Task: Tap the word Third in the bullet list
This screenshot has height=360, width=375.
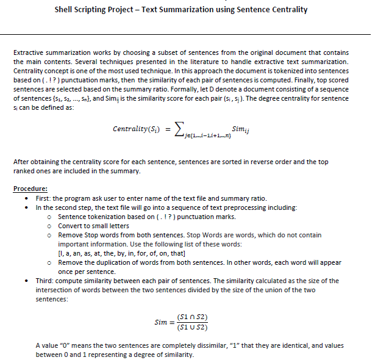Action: [47, 281]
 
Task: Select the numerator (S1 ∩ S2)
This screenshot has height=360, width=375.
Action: [192, 317]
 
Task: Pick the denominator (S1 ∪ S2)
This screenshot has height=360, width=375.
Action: [192, 328]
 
